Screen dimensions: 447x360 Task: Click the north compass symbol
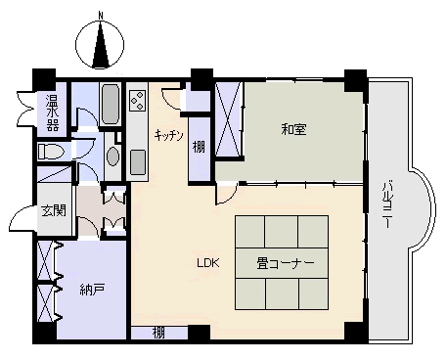pyautogui.click(x=100, y=44)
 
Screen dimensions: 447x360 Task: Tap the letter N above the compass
pyautogui.click(x=101, y=15)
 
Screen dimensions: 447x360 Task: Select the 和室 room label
pyautogui.click(x=293, y=129)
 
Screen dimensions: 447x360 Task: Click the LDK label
pyautogui.click(x=208, y=263)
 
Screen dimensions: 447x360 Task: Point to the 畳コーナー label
pyautogui.click(x=286, y=263)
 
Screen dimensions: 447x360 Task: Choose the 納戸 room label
pyautogui.click(x=92, y=289)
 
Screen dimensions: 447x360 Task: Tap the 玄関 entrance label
pyautogui.click(x=54, y=210)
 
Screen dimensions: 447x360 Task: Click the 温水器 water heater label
pyautogui.click(x=52, y=112)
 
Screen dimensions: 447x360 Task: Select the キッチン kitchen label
pyautogui.click(x=169, y=135)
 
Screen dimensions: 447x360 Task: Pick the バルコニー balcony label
pyautogui.click(x=387, y=203)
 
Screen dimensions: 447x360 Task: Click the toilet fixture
pyautogui.click(x=50, y=152)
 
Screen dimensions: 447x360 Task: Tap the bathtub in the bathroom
pyautogui.click(x=110, y=104)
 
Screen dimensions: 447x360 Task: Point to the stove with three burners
pyautogui.click(x=137, y=101)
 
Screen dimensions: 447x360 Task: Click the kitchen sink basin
pyautogui.click(x=138, y=162)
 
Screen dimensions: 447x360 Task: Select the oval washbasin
pyautogui.click(x=112, y=157)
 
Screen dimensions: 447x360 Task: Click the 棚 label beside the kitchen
pyautogui.click(x=199, y=148)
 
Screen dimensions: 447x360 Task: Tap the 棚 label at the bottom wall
pyautogui.click(x=158, y=334)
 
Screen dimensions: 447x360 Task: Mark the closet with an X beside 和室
pyautogui.click(x=229, y=119)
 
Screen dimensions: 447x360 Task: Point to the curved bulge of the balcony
pyautogui.click(x=424, y=209)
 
